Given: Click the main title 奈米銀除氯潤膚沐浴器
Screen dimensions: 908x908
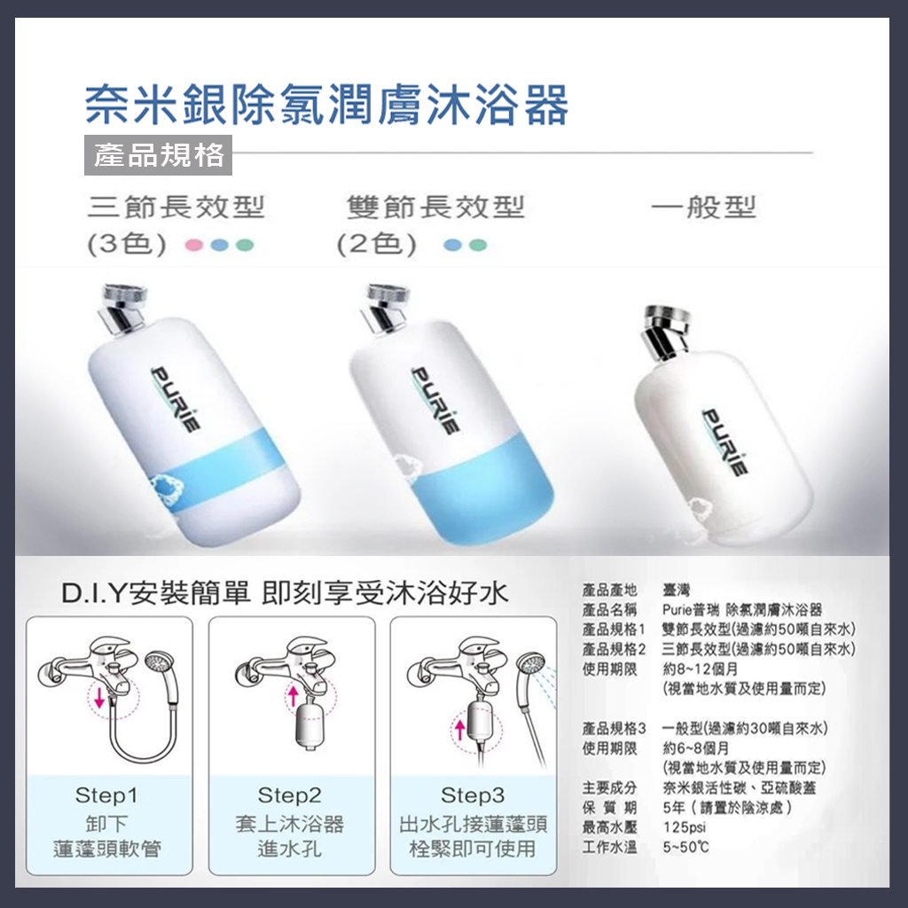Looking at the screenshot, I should coord(325,106).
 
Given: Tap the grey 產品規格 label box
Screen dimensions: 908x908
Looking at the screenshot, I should coord(159,155).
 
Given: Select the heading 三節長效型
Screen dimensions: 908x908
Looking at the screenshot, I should coord(176,208).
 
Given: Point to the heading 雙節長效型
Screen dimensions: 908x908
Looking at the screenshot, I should coord(435,208).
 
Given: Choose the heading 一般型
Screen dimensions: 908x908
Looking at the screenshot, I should coord(703,208).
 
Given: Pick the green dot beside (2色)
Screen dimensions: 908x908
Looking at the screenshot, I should coord(479,245).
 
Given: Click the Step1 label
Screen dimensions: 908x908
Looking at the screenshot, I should coord(107,794).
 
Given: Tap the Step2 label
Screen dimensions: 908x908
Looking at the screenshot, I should coord(290,794).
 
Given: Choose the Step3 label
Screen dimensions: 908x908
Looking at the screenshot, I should coord(473,794).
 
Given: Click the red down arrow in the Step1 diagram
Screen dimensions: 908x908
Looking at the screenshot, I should coord(99,698).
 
